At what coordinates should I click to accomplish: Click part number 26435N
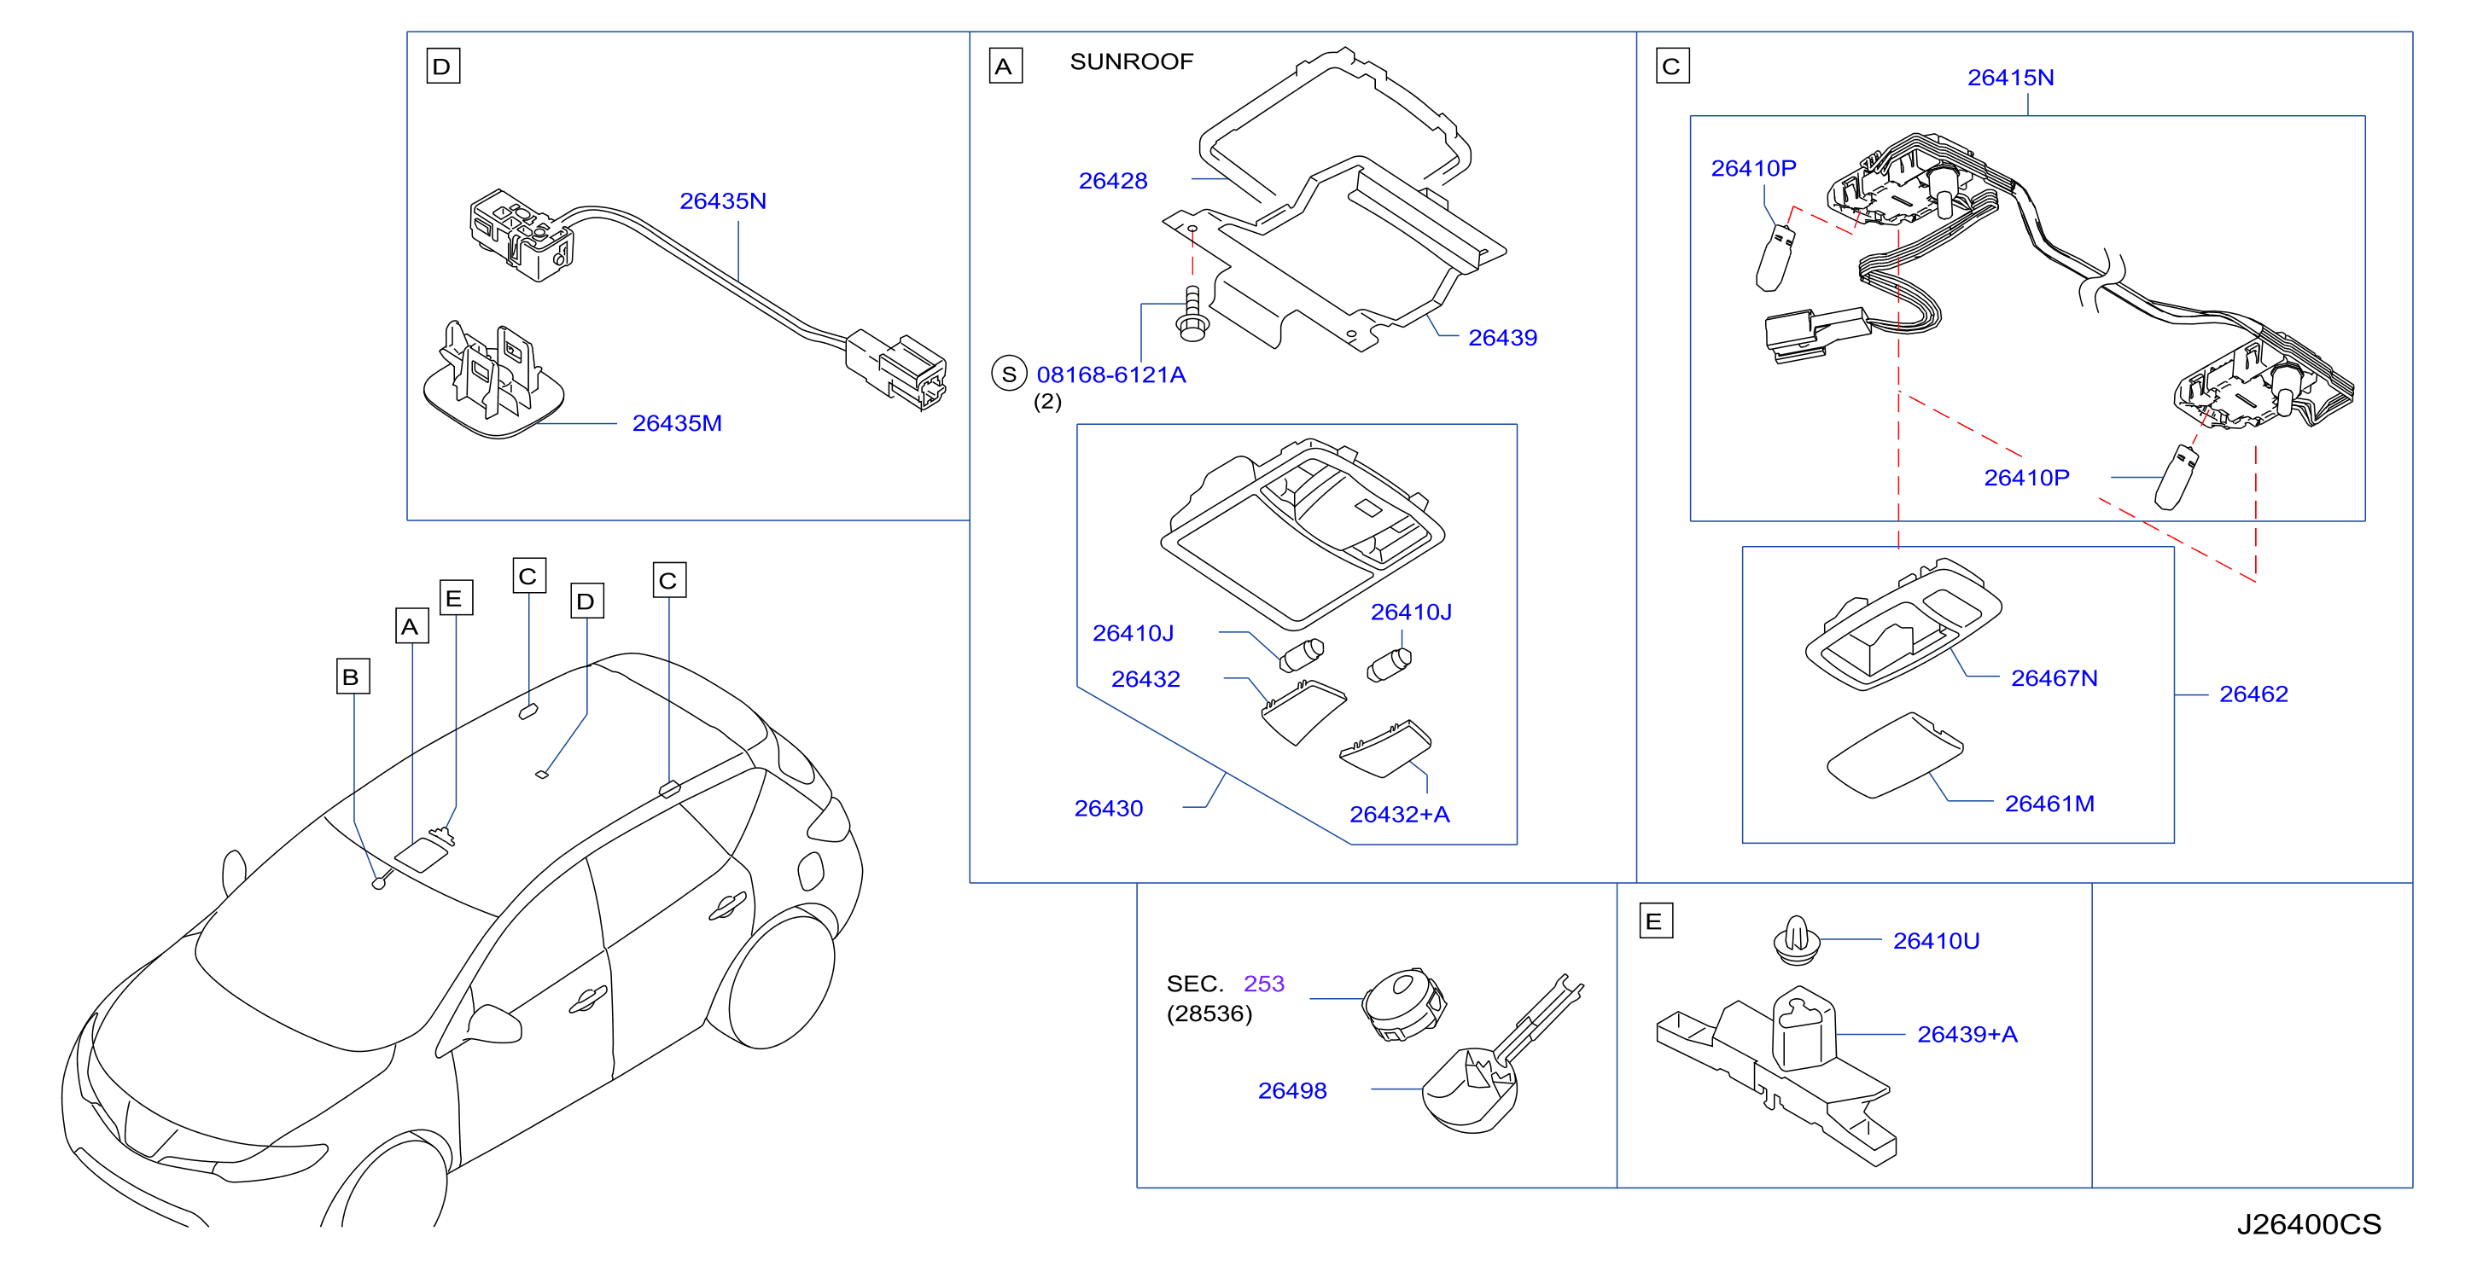pyautogui.click(x=722, y=201)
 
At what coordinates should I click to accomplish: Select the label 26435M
pyautogui.click(x=676, y=423)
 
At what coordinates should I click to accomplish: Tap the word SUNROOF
pyautogui.click(x=1131, y=61)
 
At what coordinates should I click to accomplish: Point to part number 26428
pyautogui.click(x=1112, y=181)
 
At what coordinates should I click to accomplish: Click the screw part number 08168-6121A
pyautogui.click(x=1110, y=375)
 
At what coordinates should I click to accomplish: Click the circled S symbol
pyautogui.click(x=1009, y=374)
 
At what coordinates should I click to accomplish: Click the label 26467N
pyautogui.click(x=2054, y=679)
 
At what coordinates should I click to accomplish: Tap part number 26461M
pyautogui.click(x=2049, y=804)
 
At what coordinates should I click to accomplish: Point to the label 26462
pyautogui.click(x=2253, y=694)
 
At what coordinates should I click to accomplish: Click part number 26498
pyautogui.click(x=1292, y=1091)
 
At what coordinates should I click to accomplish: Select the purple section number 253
pyautogui.click(x=1263, y=984)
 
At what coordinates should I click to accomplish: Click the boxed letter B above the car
pyautogui.click(x=353, y=677)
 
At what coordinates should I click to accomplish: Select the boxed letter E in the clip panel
pyautogui.click(x=1656, y=920)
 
